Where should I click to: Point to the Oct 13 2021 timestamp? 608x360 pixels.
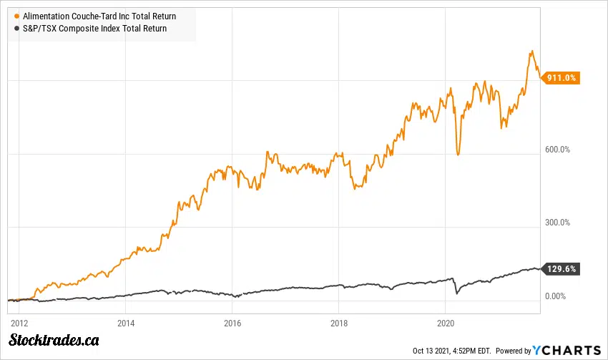pyautogui.click(x=452, y=351)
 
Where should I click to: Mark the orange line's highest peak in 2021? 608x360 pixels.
pyautogui.click(x=531, y=52)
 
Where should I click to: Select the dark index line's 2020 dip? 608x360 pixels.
pyautogui.click(x=456, y=293)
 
